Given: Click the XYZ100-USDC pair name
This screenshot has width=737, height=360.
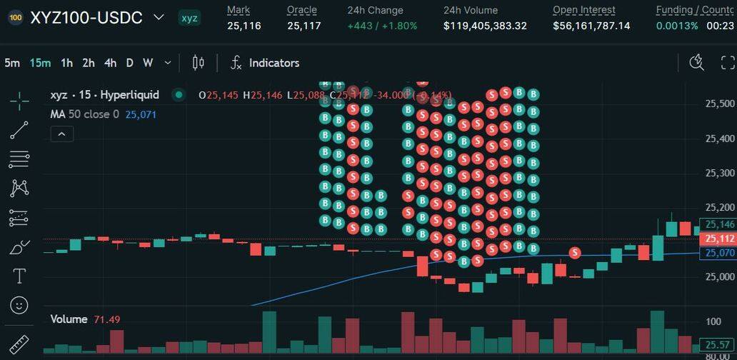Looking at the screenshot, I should tap(86, 18).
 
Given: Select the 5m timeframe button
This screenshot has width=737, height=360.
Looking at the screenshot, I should tap(12, 63).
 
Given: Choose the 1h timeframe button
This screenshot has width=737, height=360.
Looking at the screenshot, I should tap(66, 63).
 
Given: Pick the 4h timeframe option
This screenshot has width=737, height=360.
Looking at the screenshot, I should tap(110, 63).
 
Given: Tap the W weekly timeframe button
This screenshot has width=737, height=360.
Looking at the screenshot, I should tap(148, 63).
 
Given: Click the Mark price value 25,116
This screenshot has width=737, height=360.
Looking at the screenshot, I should tap(244, 26).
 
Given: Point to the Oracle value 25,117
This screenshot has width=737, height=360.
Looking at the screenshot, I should tap(304, 26).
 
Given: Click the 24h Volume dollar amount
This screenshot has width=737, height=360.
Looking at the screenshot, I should tap(485, 26).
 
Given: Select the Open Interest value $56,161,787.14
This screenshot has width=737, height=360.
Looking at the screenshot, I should tap(591, 26).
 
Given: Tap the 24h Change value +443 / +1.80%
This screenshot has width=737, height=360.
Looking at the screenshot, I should tap(382, 26).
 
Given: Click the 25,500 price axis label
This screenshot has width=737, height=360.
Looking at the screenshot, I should tap(720, 104).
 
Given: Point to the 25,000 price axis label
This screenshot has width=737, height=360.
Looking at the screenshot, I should tap(720, 276).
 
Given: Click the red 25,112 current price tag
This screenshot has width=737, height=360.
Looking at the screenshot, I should tap(719, 239).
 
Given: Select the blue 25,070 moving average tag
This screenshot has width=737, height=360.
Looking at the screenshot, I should tap(719, 253).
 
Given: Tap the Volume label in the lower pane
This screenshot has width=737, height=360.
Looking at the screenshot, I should tap(69, 319).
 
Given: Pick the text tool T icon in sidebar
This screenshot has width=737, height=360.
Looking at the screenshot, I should tap(19, 276).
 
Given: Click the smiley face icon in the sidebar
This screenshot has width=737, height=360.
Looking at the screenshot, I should tap(19, 305).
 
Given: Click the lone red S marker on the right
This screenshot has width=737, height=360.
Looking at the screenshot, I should tap(575, 253).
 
